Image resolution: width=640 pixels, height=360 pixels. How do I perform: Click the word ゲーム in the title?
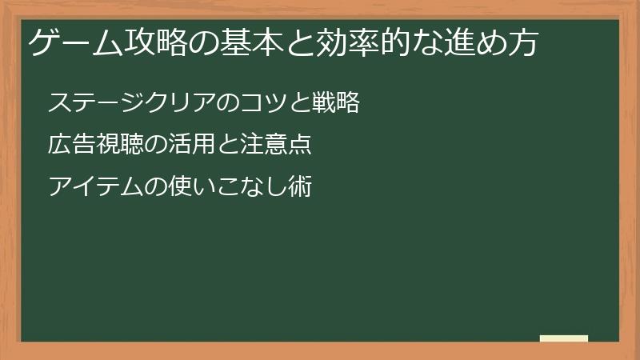coord(70,43)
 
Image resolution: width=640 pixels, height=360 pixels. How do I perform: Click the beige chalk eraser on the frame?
coord(563,338)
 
